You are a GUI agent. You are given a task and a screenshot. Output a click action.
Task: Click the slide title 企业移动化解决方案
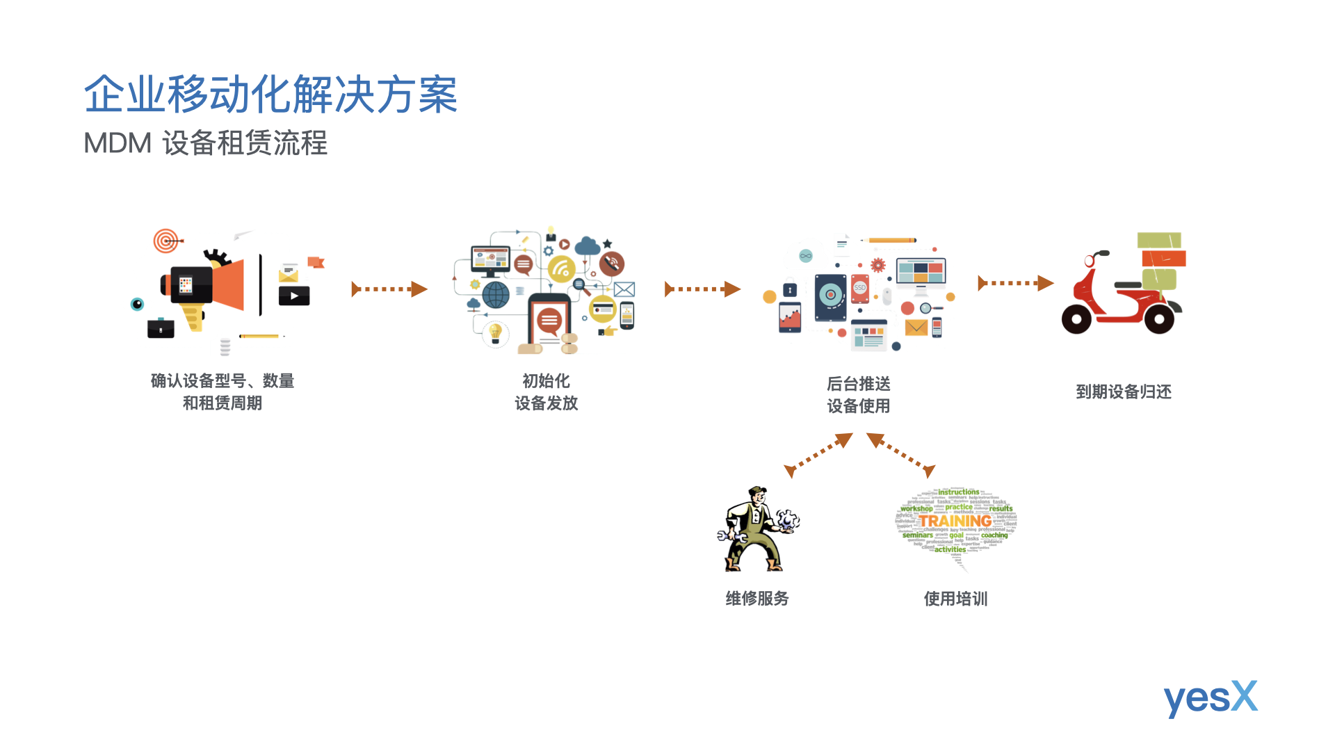[270, 95]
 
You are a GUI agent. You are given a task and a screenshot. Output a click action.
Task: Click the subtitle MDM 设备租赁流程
[205, 143]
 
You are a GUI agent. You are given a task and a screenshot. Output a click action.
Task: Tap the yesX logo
[1210, 697]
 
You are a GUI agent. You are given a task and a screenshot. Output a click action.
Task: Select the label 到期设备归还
[1123, 392]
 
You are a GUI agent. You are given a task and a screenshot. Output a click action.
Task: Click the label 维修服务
[756, 599]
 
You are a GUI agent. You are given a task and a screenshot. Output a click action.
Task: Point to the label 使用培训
[955, 599]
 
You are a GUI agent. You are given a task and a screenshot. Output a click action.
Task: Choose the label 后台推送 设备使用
[858, 395]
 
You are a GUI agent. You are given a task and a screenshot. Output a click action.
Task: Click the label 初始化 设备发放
[546, 392]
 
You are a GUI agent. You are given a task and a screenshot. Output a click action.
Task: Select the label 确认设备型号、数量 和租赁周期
[222, 392]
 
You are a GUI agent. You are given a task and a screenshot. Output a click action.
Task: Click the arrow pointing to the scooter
[1015, 283]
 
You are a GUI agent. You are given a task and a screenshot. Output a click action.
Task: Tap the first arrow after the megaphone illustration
[389, 289]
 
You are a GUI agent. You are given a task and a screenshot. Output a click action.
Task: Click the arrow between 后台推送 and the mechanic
[818, 455]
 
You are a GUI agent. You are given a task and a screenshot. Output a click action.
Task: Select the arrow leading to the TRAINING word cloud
[901, 455]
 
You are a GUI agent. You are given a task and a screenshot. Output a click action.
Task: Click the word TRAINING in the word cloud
[955, 521]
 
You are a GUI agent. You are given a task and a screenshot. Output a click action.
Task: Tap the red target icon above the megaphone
[165, 241]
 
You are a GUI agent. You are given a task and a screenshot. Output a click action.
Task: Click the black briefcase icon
[161, 328]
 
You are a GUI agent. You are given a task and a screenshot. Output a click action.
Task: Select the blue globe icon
[496, 295]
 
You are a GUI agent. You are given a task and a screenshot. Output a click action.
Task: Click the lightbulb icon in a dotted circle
[496, 333]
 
